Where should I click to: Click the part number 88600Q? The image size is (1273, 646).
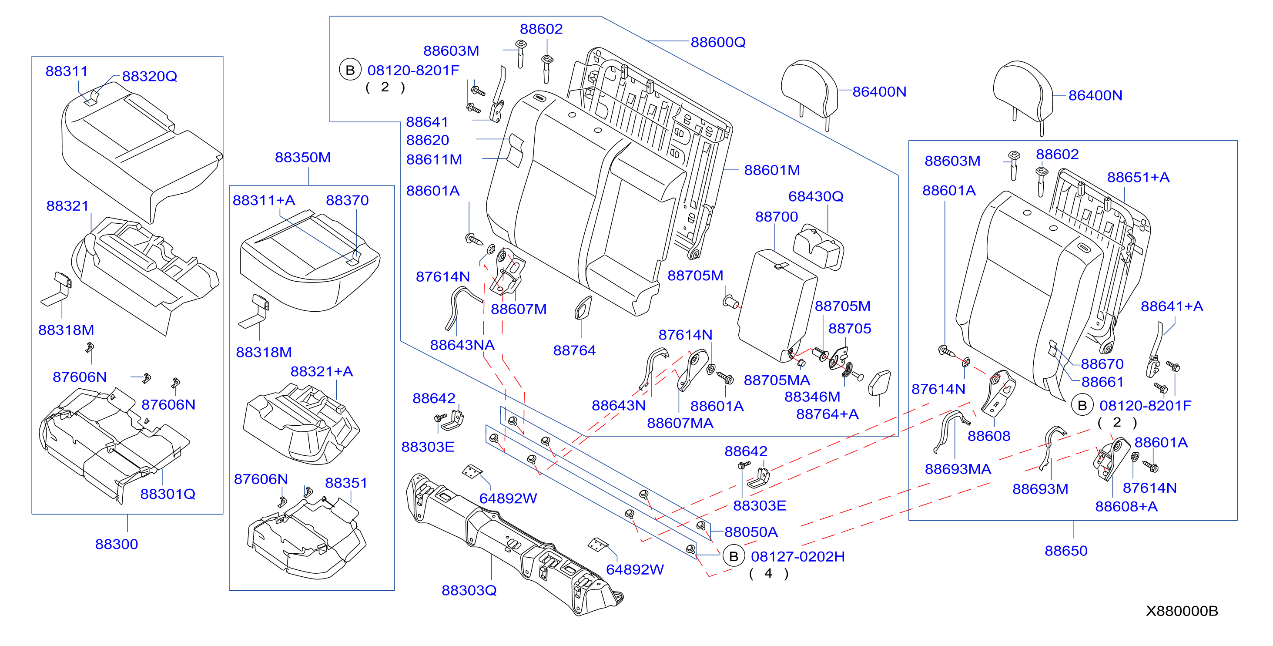point(718,42)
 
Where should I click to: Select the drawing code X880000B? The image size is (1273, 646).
point(1182,611)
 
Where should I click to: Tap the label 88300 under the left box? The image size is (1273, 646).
point(117,544)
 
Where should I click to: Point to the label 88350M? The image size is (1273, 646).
point(303,157)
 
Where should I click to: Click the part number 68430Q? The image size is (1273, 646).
point(816,196)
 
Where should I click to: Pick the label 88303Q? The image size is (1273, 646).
point(469,590)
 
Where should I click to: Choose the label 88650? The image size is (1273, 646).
point(1066,551)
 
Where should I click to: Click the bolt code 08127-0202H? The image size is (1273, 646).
point(797,556)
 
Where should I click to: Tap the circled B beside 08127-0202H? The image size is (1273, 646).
point(734,556)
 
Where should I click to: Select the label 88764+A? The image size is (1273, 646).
point(827,414)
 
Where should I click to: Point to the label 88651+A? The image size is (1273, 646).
point(1138,177)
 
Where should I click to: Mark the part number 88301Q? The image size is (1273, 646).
point(168,494)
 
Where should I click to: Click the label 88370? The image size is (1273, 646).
point(348,200)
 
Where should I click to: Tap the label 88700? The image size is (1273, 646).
point(776,217)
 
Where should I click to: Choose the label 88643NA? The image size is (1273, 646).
point(462,345)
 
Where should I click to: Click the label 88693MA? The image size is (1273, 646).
point(958,469)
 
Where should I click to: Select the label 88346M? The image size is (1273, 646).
point(812,397)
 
